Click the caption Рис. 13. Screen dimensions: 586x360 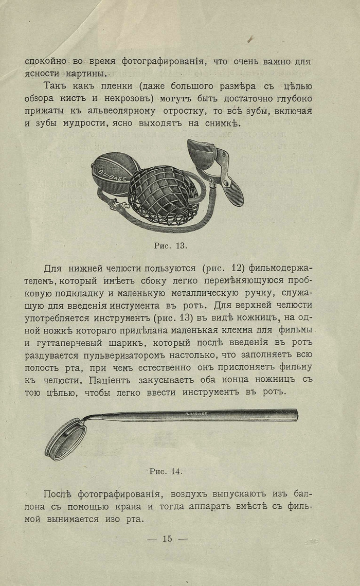click(170, 245)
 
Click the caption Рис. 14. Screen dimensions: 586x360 click(166, 471)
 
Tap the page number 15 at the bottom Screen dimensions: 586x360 click(167, 539)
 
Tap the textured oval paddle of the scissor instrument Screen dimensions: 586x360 click(232, 191)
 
